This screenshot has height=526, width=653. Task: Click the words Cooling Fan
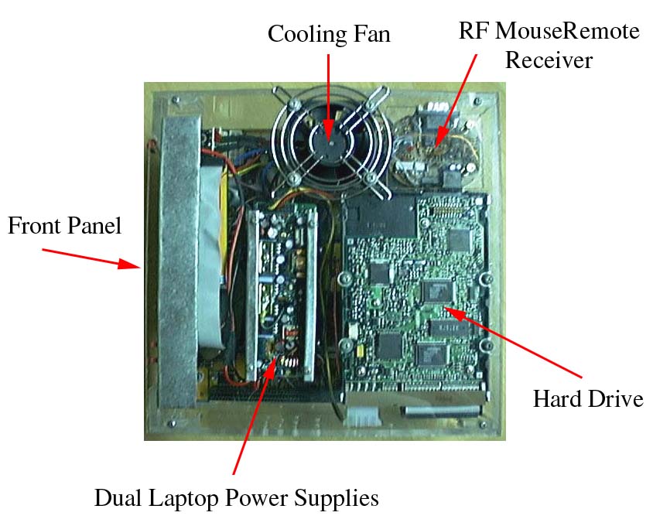329,34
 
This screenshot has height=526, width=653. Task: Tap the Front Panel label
64,226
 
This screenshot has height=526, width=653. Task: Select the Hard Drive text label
588,399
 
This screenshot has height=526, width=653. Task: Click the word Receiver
549,60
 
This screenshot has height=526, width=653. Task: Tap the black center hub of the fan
329,140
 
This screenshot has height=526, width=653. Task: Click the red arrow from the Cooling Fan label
328,93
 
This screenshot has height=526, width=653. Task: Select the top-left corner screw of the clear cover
177,101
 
